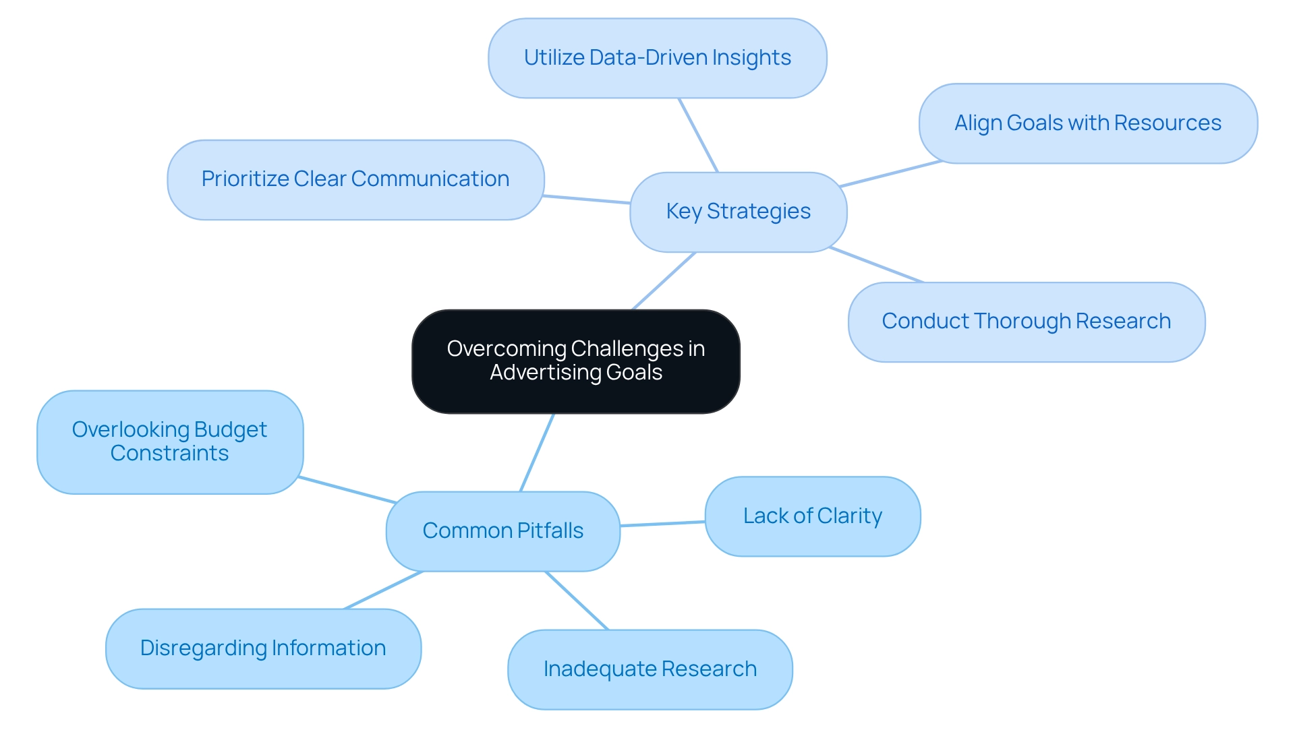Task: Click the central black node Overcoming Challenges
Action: [x=575, y=361]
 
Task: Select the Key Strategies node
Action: [x=738, y=212]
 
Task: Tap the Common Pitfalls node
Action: [x=502, y=531]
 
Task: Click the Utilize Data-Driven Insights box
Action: [x=657, y=58]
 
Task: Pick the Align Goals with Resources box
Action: [x=1087, y=123]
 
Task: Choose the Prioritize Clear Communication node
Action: [x=355, y=179]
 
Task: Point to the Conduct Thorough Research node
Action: [x=1026, y=322]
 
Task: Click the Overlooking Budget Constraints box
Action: [x=169, y=442]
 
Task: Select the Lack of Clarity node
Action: [x=812, y=516]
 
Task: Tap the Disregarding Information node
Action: [x=263, y=648]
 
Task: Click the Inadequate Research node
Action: [x=650, y=669]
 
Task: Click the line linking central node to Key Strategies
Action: [x=664, y=281]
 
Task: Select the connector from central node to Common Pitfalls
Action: [x=537, y=452]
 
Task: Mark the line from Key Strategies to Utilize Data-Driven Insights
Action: [x=698, y=135]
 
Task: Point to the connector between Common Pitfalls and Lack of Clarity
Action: [x=662, y=524]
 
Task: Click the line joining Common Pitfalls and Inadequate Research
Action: [x=577, y=601]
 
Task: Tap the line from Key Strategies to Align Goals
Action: [x=890, y=174]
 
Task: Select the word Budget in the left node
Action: [x=230, y=430]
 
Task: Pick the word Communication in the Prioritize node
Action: [x=430, y=179]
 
